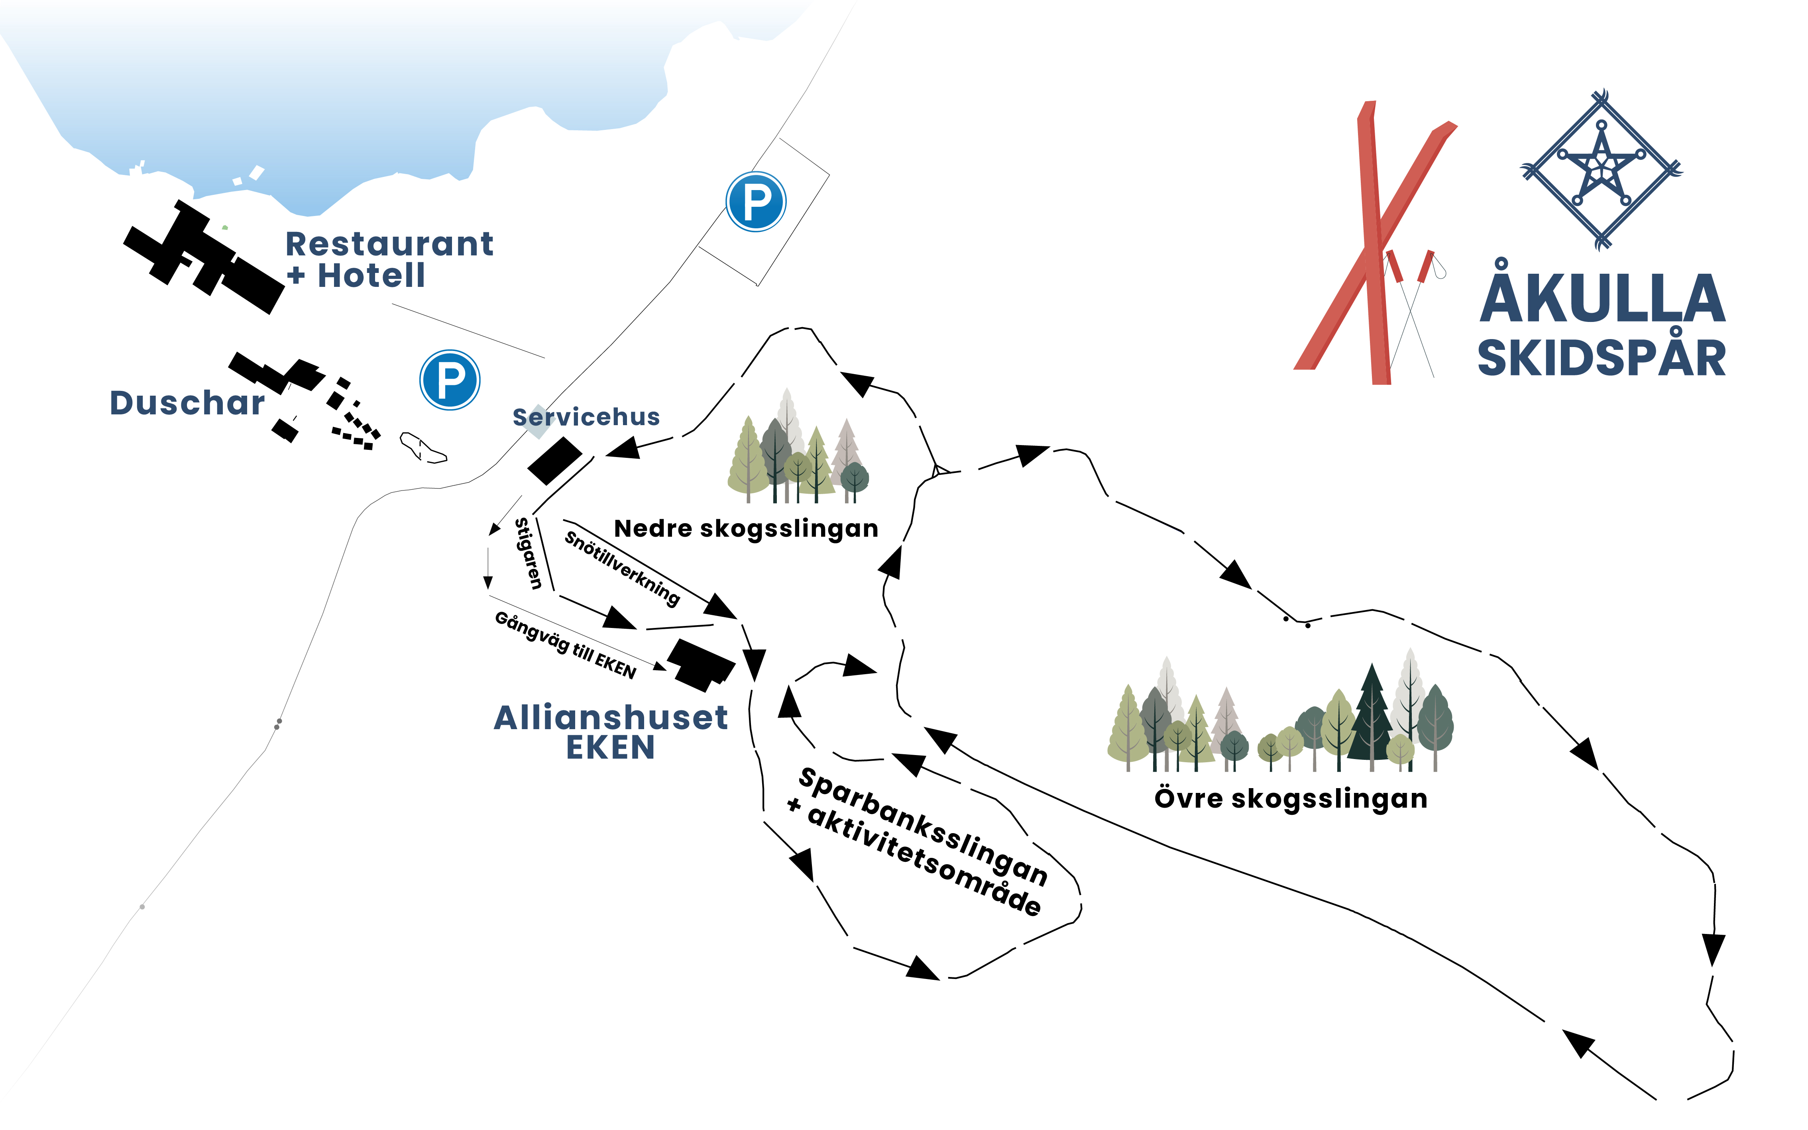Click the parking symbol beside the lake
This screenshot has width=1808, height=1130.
(x=756, y=202)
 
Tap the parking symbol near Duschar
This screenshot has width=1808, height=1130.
(x=449, y=380)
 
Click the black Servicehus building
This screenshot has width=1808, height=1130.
(x=554, y=461)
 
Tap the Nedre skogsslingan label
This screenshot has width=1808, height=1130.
(x=746, y=528)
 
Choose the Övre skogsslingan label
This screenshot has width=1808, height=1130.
(x=1291, y=798)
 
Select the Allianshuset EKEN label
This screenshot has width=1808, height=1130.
(x=611, y=732)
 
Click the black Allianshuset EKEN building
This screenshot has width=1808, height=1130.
(x=700, y=664)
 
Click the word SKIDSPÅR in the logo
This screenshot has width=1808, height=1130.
(x=1602, y=358)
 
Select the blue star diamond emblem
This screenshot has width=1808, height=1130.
(x=1602, y=170)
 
